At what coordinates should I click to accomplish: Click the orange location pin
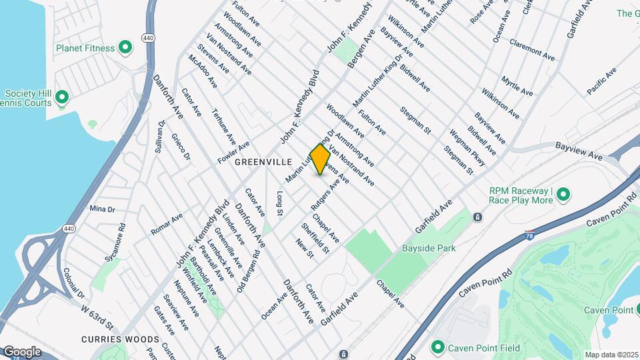pos(320,159)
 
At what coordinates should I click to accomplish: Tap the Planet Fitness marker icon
pos(125,47)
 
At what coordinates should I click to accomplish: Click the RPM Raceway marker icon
pos(563,195)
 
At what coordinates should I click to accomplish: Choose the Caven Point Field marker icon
pos(437,347)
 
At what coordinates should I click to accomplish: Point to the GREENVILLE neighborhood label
pos(264,162)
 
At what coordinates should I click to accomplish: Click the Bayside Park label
pos(428,248)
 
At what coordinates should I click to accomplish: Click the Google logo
pos(23,351)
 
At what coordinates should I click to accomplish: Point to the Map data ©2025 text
pos(611,355)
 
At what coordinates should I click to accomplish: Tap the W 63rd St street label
pos(98,317)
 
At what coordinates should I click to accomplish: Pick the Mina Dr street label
pos(102,209)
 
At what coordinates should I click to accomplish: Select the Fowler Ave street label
pos(233,153)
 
